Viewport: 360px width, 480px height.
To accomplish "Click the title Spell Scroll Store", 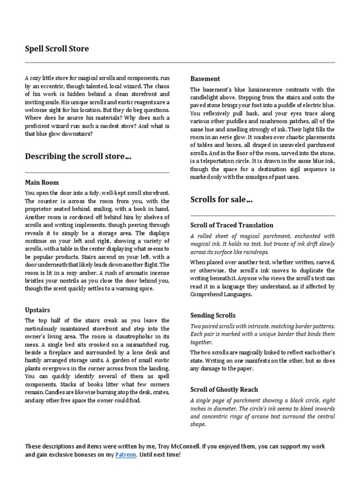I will coord(56,49).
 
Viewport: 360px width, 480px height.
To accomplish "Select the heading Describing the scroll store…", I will coord(78,157).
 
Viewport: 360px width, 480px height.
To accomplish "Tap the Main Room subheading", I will coord(42,182).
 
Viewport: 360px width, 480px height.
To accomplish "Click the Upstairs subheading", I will coord(37,310).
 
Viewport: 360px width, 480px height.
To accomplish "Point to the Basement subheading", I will coord(205,79).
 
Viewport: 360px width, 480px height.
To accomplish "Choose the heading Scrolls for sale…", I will coord(221,200).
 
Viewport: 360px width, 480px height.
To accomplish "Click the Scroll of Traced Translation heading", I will coord(232,225).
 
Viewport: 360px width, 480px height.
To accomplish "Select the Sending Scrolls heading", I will coord(213,315).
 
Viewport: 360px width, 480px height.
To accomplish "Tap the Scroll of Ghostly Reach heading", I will coord(224,390).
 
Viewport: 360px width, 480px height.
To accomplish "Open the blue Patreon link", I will coord(126,455).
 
